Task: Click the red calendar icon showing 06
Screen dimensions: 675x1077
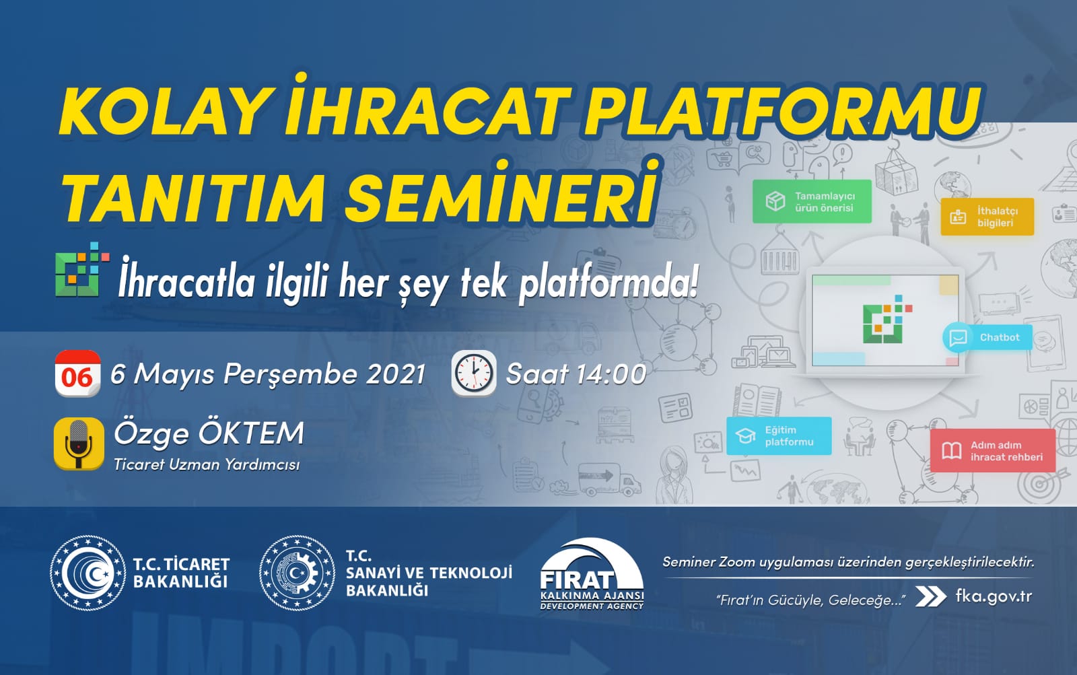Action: pyautogui.click(x=77, y=373)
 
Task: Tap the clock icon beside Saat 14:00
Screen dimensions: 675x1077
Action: pyautogui.click(x=473, y=373)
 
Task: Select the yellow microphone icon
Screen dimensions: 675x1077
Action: pyautogui.click(x=79, y=443)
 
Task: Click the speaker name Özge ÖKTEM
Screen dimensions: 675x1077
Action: pyautogui.click(x=209, y=433)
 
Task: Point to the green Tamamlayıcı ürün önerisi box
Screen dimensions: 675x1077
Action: pyautogui.click(x=812, y=201)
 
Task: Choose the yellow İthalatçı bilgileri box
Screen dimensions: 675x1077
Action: pyautogui.click(x=987, y=216)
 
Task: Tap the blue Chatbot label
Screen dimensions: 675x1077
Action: pyautogui.click(x=987, y=337)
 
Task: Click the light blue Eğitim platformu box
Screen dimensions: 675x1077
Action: pyautogui.click(x=779, y=436)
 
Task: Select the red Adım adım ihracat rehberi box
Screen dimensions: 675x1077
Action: pyautogui.click(x=993, y=451)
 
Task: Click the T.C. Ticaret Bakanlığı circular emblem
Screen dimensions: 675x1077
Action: pyautogui.click(x=88, y=573)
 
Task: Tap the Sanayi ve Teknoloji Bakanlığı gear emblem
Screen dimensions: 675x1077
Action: pyautogui.click(x=297, y=573)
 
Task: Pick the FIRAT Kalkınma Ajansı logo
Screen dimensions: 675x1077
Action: pyautogui.click(x=592, y=575)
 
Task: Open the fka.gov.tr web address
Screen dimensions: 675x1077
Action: pyautogui.click(x=994, y=596)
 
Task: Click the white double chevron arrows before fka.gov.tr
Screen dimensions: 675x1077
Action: pyautogui.click(x=931, y=597)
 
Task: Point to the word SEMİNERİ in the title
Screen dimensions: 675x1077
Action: pyautogui.click(x=501, y=196)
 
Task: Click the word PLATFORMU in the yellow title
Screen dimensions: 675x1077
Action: pyautogui.click(x=781, y=110)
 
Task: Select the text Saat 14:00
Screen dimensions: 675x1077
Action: pyautogui.click(x=576, y=374)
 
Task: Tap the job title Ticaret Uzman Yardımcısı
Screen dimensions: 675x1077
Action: pyautogui.click(x=207, y=464)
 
